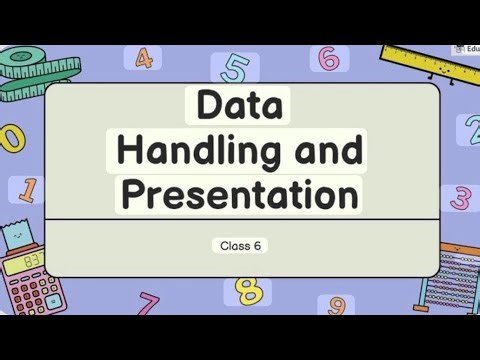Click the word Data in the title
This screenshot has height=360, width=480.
point(239,105)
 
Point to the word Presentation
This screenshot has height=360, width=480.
point(239,193)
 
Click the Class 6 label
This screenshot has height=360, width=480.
point(239,244)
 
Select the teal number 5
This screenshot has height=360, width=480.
point(237,68)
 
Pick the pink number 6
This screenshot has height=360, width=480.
point(328,58)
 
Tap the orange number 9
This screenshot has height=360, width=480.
point(337,305)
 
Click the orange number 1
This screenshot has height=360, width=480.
point(28,189)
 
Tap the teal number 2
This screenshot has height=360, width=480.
point(471,127)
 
